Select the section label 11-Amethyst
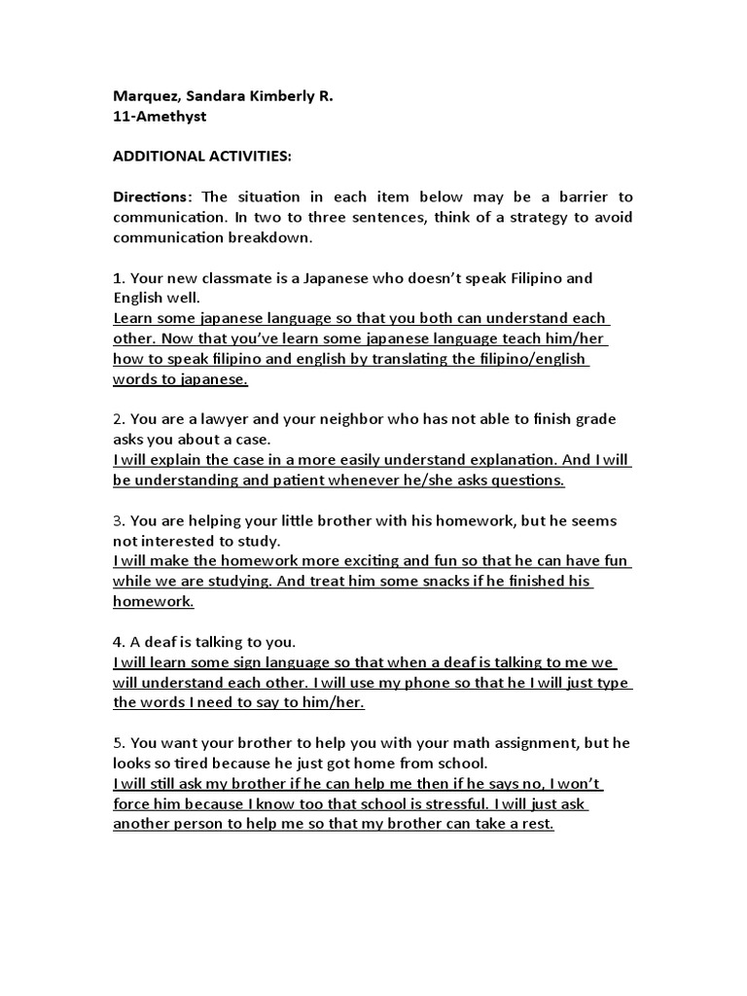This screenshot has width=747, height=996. click(160, 117)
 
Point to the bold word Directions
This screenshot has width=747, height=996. click(151, 197)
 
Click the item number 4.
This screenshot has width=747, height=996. click(119, 643)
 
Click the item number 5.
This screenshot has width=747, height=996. click(119, 744)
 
